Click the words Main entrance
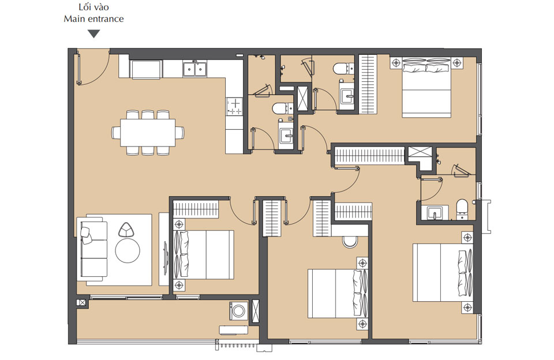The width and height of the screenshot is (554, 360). [x=93, y=18]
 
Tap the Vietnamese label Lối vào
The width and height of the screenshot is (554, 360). [x=93, y=7]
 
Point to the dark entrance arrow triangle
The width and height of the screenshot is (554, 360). [x=93, y=33]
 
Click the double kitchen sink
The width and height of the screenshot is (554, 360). [x=195, y=69]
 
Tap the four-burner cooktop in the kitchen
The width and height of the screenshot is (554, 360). [x=235, y=105]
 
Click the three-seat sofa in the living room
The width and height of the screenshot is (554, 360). [x=93, y=252]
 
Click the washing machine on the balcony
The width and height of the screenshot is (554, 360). [x=239, y=310]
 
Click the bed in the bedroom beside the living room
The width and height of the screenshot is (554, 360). [x=203, y=254]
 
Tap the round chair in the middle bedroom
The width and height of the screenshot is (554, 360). [x=350, y=241]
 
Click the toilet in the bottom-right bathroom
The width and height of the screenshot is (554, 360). [x=462, y=208]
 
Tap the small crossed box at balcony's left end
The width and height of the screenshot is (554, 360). [x=82, y=302]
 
